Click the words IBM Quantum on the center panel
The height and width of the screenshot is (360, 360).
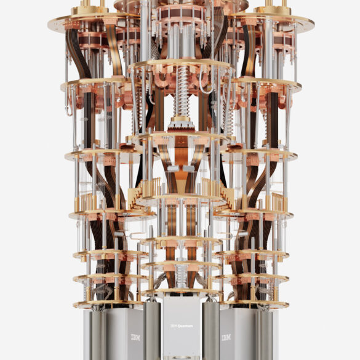pos(182,326)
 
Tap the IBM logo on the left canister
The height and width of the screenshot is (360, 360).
pos(135,337)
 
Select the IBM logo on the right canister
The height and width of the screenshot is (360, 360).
pos(226,337)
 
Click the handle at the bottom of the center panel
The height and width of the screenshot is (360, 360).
pos(182,358)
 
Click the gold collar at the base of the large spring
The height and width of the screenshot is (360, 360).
pos(182,119)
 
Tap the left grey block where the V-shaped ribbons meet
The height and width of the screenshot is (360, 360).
pos(173,168)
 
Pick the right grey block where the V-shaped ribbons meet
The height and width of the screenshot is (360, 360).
pos(189,168)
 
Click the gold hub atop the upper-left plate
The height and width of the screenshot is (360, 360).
pos(90,10)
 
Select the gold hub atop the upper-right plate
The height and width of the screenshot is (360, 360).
pos(273,10)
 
